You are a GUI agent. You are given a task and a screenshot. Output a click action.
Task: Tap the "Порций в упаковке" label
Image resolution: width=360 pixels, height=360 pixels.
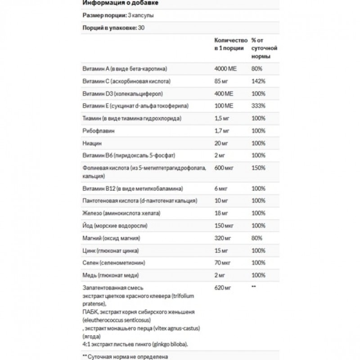(105, 28)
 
